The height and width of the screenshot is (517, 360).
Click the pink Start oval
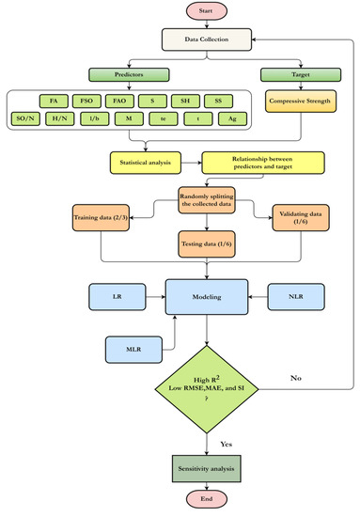(179, 12)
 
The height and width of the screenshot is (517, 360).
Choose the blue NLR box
(297, 294)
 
